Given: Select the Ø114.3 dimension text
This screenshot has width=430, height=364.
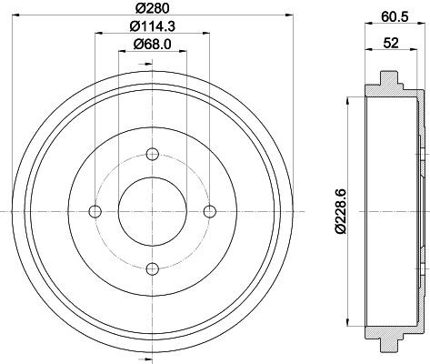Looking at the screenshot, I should pyautogui.click(x=152, y=28).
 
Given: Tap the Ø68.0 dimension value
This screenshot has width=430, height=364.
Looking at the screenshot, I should pyautogui.click(x=152, y=46).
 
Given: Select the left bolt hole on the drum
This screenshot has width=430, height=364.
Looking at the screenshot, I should pyautogui.click(x=95, y=212).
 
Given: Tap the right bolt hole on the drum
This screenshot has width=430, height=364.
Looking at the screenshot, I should pyautogui.click(x=210, y=212).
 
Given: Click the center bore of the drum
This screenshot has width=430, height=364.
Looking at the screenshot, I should pyautogui.click(x=153, y=211).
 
